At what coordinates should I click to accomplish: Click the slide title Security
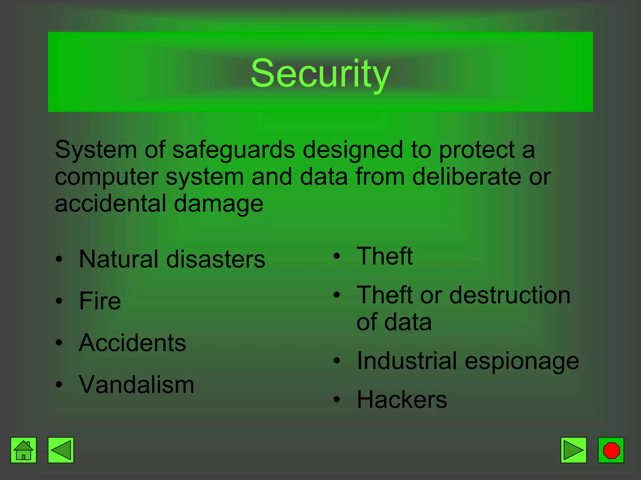tap(320, 73)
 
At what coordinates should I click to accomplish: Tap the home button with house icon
tap(23, 450)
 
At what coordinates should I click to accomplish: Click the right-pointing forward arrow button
tap(573, 450)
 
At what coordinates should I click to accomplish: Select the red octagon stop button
tap(611, 450)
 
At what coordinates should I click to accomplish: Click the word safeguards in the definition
tap(233, 150)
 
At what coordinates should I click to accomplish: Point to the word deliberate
tap(466, 177)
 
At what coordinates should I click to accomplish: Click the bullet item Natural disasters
tap(172, 259)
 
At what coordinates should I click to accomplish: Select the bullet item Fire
tap(100, 301)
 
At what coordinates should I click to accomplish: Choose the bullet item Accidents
tap(132, 343)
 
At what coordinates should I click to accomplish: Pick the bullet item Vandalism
tap(136, 385)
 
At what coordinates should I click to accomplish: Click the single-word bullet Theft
tap(385, 256)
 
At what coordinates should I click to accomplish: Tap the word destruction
tap(510, 295)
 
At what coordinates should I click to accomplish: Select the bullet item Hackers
tap(402, 400)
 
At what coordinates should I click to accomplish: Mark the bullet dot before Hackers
tap(336, 400)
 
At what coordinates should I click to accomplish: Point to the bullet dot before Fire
tap(59, 301)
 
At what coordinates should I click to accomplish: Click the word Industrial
tap(407, 361)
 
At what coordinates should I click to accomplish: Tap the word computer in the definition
tap(106, 177)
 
